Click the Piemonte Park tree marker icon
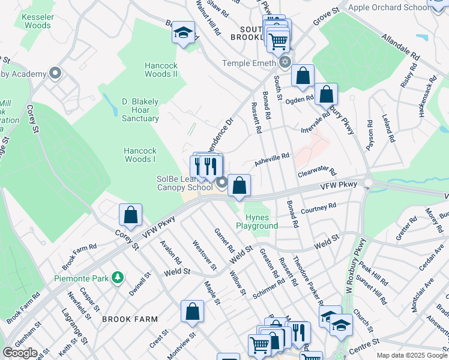[x=119, y=277]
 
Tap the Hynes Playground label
[x=257, y=221]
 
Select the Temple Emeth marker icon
[x=285, y=62]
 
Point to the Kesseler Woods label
[x=37, y=22]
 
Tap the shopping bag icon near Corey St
[x=130, y=215]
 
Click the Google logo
[x=20, y=352]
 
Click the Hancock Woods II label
[x=161, y=70]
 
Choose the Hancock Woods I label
[x=140, y=155]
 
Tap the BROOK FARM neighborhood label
[x=125, y=320]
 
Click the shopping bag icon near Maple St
[x=193, y=311]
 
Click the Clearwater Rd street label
[x=317, y=172]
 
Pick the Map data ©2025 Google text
[x=412, y=355]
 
